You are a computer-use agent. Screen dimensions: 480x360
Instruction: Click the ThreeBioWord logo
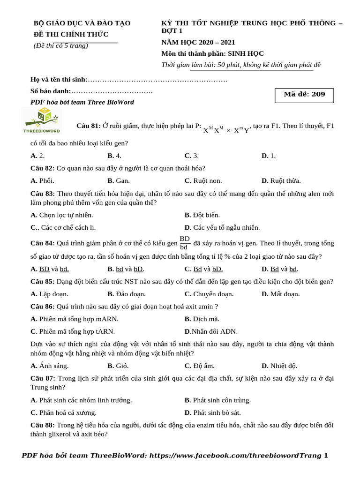pyautogui.click(x=42, y=120)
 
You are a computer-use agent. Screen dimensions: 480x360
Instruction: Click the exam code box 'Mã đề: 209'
pyautogui.click(x=304, y=95)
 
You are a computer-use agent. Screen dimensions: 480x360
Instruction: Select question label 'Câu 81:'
pyautogui.click(x=89, y=126)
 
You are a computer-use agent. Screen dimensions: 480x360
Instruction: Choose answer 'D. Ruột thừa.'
pyautogui.click(x=281, y=180)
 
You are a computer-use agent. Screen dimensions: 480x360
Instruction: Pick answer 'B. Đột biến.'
pyautogui.click(x=202, y=215)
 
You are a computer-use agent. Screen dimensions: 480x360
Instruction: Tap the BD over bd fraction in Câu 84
pyautogui.click(x=185, y=243)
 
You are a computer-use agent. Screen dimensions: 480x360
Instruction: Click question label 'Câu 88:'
pyautogui.click(x=43, y=425)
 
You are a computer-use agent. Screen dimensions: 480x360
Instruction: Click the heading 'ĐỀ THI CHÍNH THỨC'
pyautogui.click(x=71, y=34)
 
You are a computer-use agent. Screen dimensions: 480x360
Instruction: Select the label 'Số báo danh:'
pyautogui.click(x=51, y=91)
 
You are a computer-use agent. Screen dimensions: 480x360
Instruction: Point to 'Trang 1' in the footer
pyautogui.click(x=315, y=455)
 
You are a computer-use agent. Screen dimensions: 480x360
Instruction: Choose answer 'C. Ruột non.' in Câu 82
pyautogui.click(x=203, y=180)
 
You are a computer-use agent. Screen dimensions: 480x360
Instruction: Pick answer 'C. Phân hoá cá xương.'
pyautogui.click(x=64, y=413)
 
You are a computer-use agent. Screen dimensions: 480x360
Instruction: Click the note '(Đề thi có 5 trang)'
pyautogui.click(x=61, y=46)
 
